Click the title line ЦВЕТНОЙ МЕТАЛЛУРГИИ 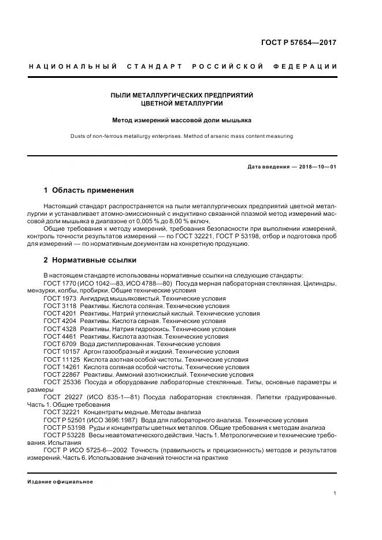coord(182,104)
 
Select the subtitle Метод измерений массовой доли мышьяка coord(182,121)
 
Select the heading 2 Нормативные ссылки coord(90,259)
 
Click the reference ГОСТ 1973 coord(60,299)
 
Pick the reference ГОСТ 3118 coord(60,306)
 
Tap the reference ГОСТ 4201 coord(60,314)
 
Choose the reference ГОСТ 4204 coord(60,321)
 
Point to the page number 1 coord(335,493)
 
